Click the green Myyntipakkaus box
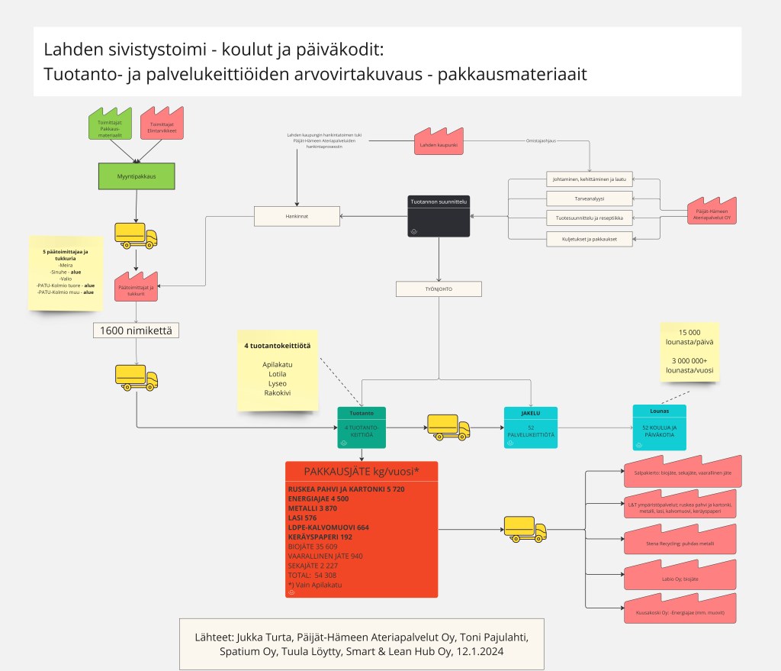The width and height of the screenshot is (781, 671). point(137,176)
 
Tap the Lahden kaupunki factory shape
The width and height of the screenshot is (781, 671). point(436,144)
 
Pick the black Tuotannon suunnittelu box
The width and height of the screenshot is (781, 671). point(439,216)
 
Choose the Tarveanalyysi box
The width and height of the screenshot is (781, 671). point(589,199)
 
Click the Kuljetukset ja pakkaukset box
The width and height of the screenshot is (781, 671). point(589,239)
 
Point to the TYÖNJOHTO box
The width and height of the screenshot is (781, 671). point(439,289)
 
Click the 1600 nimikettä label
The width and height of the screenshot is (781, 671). point(137,331)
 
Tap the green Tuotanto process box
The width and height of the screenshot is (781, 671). point(362,427)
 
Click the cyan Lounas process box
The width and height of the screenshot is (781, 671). point(660,427)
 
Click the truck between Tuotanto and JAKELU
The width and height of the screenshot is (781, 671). point(448,427)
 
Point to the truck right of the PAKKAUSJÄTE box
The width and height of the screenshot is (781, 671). point(525,528)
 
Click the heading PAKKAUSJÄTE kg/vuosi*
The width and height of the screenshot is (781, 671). point(362,471)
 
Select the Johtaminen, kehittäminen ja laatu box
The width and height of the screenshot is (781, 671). point(589,179)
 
